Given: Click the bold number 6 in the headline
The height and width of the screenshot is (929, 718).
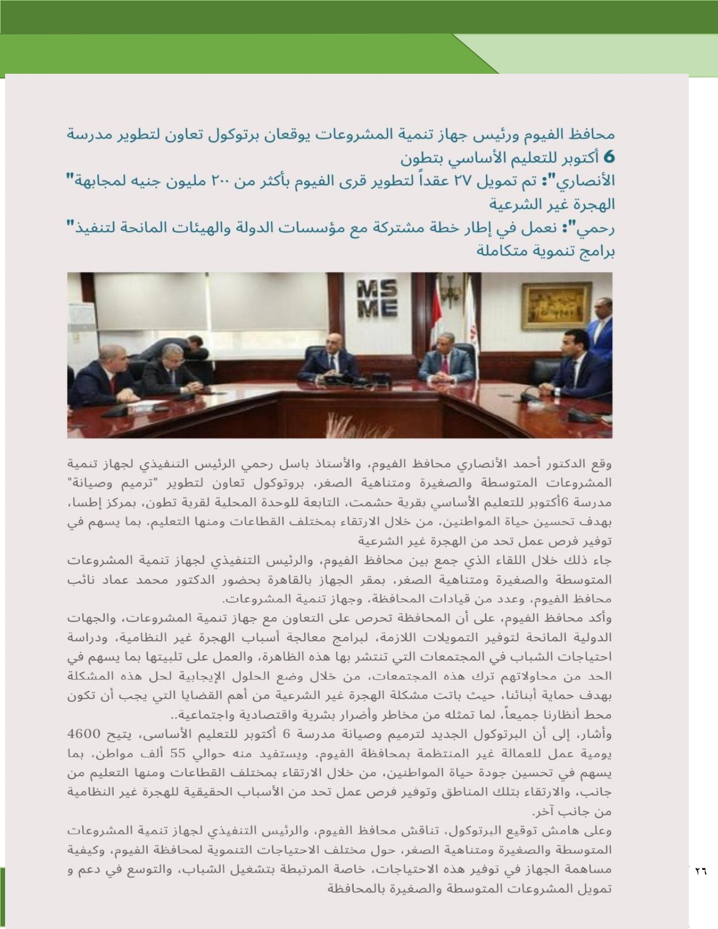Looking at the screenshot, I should [608, 157].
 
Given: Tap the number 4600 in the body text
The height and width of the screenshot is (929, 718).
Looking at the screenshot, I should [84, 734].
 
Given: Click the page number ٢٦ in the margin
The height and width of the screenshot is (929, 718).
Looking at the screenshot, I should [700, 870].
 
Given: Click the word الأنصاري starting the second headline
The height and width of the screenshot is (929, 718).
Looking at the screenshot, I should [589, 181].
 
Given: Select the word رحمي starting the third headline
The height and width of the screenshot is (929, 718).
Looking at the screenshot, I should [599, 227].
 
